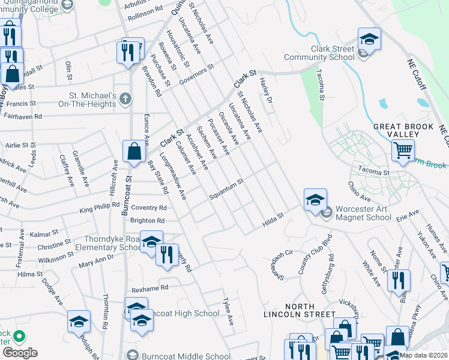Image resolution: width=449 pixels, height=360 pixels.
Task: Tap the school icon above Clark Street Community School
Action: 369,40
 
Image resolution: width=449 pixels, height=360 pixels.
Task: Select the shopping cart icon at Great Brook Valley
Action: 403,150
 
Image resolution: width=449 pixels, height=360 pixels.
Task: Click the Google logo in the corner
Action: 20,353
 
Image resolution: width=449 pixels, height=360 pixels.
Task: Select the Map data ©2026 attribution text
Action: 423,355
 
